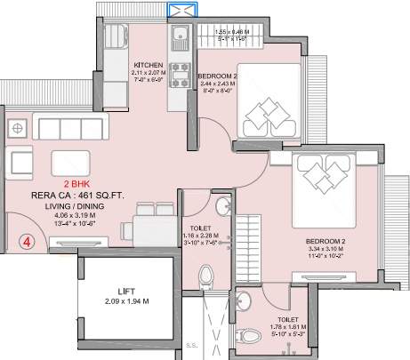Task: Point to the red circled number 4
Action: [x=29, y=239]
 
